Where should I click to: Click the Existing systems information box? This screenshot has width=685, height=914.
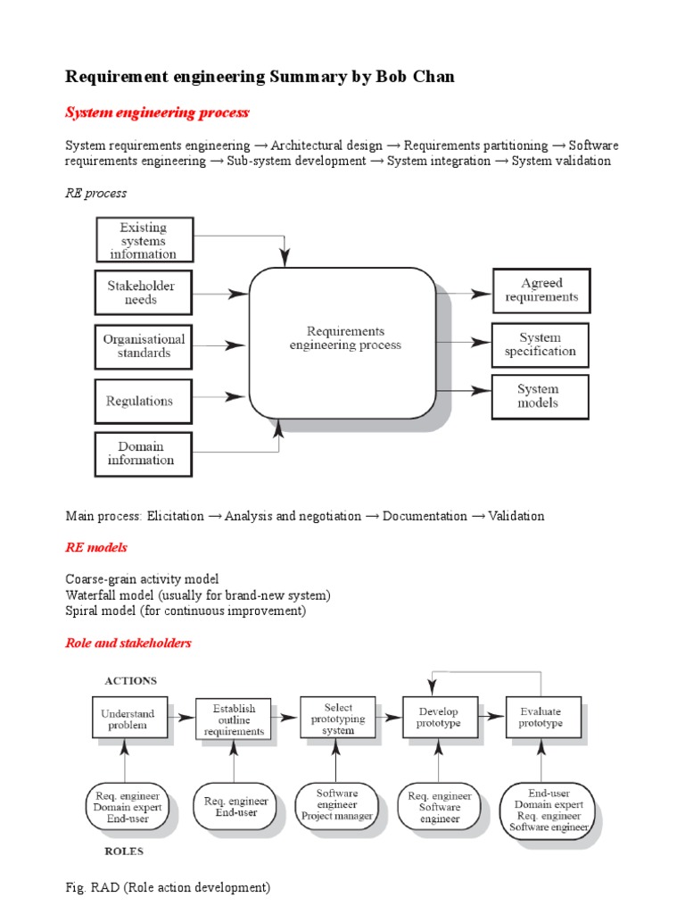click(x=143, y=241)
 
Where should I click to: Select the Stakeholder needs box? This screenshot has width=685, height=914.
click(x=143, y=293)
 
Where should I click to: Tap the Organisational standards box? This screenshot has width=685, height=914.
click(x=143, y=346)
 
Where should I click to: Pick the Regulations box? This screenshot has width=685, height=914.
click(x=143, y=401)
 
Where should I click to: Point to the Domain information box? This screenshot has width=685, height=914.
click(x=143, y=453)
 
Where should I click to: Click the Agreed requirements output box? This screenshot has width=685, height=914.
click(x=541, y=290)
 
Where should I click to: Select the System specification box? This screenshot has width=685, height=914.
click(x=541, y=345)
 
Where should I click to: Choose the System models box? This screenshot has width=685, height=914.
click(x=541, y=396)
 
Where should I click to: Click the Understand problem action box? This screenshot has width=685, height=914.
click(x=128, y=719)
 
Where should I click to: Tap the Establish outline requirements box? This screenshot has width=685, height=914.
click(x=233, y=719)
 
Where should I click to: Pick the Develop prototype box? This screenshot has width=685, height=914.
click(x=438, y=718)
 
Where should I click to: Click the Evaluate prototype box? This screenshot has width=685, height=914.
click(x=541, y=718)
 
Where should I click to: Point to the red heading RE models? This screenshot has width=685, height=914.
click(x=96, y=547)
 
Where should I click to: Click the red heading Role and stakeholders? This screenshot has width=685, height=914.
click(x=128, y=643)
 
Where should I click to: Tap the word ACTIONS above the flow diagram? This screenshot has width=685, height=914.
click(x=131, y=681)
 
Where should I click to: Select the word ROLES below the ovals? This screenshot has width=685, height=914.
click(x=125, y=851)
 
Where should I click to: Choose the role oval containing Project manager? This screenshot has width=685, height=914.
click(x=336, y=805)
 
